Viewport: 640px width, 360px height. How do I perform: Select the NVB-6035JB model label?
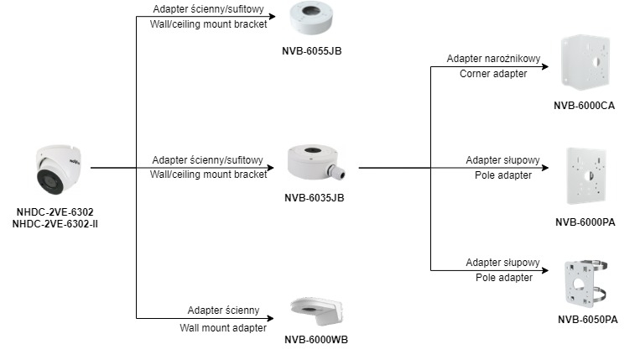[x=315, y=198]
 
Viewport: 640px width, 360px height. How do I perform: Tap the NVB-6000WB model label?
[x=316, y=340]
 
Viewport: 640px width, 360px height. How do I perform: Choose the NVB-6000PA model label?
[x=585, y=222]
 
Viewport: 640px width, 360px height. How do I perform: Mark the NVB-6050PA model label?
[x=587, y=320]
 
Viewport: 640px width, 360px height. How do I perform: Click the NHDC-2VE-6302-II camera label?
[x=55, y=224]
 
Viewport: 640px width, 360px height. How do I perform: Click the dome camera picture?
[x=57, y=171]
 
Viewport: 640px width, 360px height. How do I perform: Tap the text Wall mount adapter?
[x=223, y=327]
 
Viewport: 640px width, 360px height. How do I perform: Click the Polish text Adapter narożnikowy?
[x=493, y=60]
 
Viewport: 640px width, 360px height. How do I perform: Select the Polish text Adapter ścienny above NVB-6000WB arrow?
[x=223, y=310]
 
